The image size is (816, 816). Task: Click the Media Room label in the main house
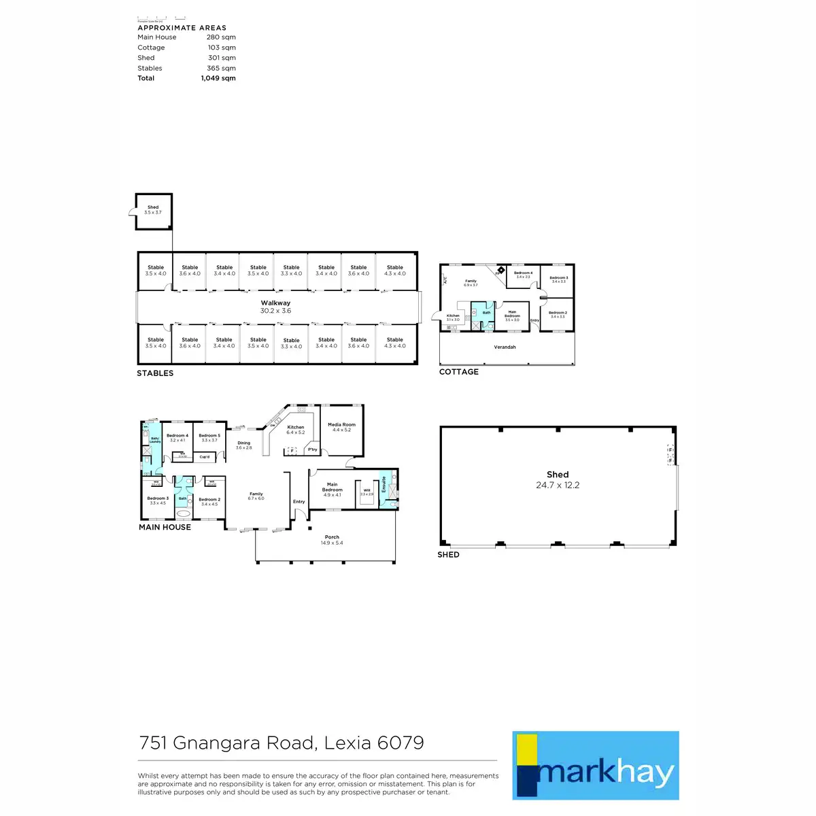pyautogui.click(x=341, y=427)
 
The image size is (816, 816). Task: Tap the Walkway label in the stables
pyautogui.click(x=275, y=307)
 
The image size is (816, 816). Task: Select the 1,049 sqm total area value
pyautogui.click(x=218, y=78)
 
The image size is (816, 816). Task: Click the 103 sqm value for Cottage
pyautogui.click(x=222, y=48)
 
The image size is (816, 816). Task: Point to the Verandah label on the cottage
pyautogui.click(x=505, y=347)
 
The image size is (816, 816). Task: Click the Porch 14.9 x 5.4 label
pyautogui.click(x=332, y=540)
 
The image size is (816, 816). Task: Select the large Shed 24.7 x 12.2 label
pyautogui.click(x=558, y=479)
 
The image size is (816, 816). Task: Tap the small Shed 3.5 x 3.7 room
pyautogui.click(x=153, y=210)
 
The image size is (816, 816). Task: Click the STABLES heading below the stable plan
pyautogui.click(x=155, y=373)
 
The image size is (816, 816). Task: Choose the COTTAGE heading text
pyautogui.click(x=459, y=372)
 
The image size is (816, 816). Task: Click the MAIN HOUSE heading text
pyautogui.click(x=165, y=527)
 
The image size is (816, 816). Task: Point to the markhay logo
pyautogui.click(x=595, y=766)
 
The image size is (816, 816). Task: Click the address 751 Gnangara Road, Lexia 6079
pyautogui.click(x=282, y=743)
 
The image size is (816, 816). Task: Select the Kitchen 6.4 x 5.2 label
pyautogui.click(x=296, y=430)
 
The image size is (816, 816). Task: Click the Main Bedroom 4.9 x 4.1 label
pyautogui.click(x=333, y=490)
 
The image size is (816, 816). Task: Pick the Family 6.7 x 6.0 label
pyautogui.click(x=256, y=496)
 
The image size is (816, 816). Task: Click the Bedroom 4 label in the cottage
pyautogui.click(x=523, y=275)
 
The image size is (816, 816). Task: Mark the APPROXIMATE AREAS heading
pyautogui.click(x=182, y=28)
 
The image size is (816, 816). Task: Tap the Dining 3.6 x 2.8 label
pyautogui.click(x=243, y=445)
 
